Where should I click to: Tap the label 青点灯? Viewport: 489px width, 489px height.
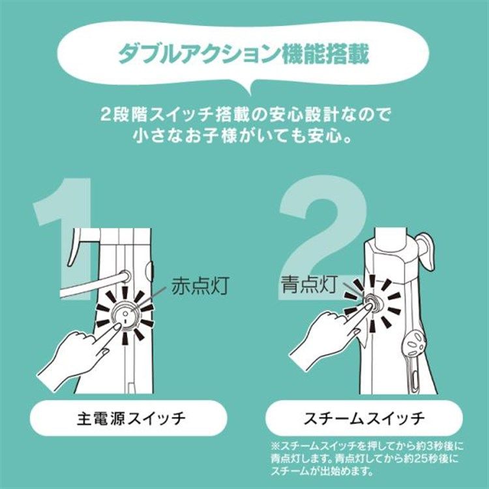pyautogui.click(x=306, y=284)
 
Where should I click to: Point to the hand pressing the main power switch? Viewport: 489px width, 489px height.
pyautogui.click(x=72, y=355)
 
